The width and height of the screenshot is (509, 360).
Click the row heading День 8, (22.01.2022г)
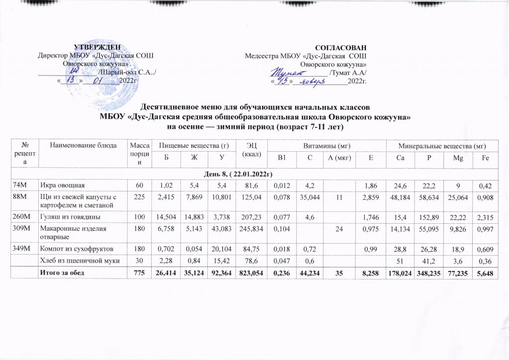[x=254, y=173]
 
